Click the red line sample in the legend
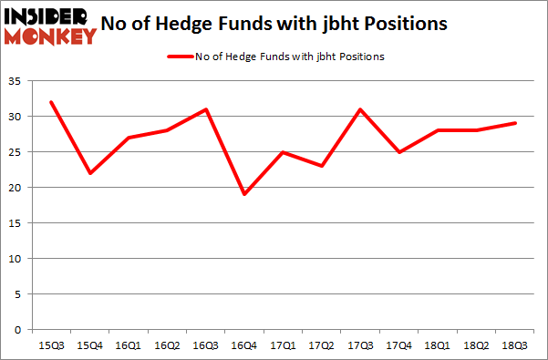179,57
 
